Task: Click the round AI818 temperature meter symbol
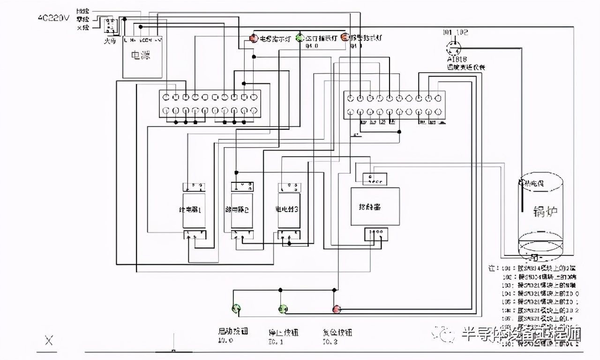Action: click(453, 47)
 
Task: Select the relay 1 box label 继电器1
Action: click(193, 210)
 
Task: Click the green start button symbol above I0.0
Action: click(236, 308)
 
